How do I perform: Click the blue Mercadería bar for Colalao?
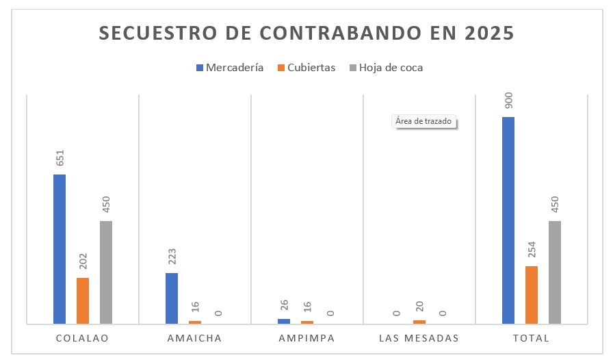pos(60,249)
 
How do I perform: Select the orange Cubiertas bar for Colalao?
pos(83,300)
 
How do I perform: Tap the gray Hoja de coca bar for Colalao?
pos(106,272)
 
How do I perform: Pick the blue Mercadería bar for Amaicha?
pos(172,298)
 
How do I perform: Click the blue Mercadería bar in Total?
pos(508,220)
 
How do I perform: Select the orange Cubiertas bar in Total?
pos(532,295)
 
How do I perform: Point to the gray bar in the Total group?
pos(555,272)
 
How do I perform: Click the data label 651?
pos(60,159)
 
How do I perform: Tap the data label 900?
pos(509,101)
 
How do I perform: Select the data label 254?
pos(532,250)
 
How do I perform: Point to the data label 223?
pos(172,257)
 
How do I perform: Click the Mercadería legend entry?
pos(230,68)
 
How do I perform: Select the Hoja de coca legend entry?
pos(387,68)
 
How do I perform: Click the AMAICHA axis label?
pos(194,338)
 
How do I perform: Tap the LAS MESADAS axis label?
pos(419,338)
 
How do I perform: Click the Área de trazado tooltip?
pos(423,122)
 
